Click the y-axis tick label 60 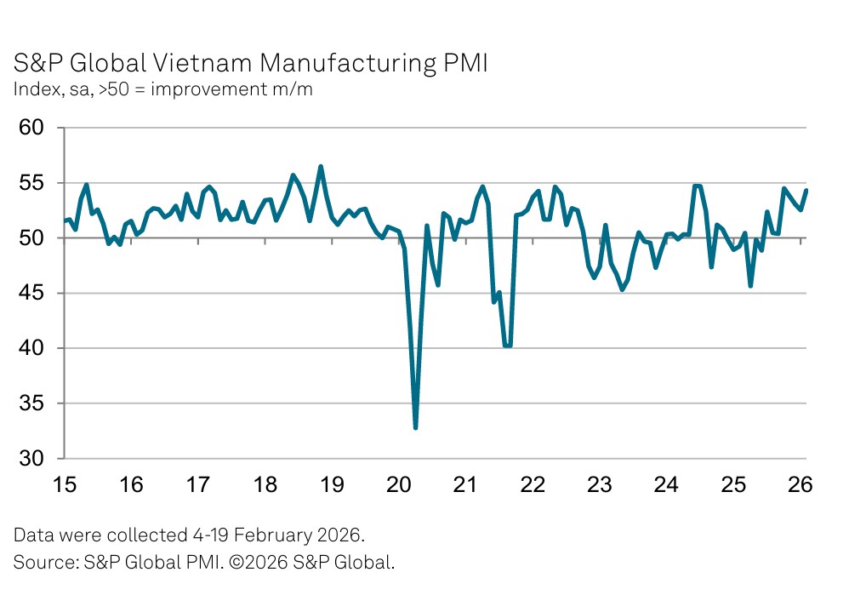point(32,128)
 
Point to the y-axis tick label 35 point(32,403)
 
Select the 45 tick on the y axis point(32,294)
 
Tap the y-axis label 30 point(32,459)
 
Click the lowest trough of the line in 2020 point(415,427)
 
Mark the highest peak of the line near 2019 point(321,167)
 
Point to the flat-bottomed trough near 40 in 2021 point(508,346)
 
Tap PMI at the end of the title point(466,64)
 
